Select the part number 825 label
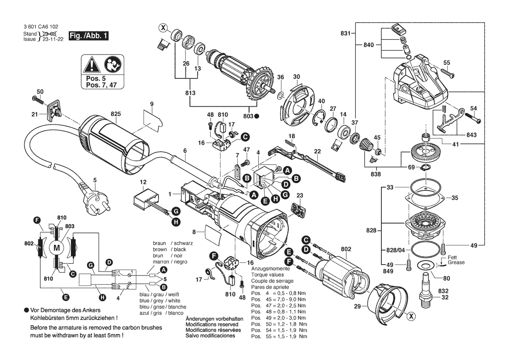(115, 114)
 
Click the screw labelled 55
(445, 70)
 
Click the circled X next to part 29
(410, 317)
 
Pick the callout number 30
(297, 77)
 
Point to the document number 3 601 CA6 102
(41, 27)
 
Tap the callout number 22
(318, 151)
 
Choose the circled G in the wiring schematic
(91, 265)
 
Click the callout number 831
(345, 33)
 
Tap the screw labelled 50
(36, 99)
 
